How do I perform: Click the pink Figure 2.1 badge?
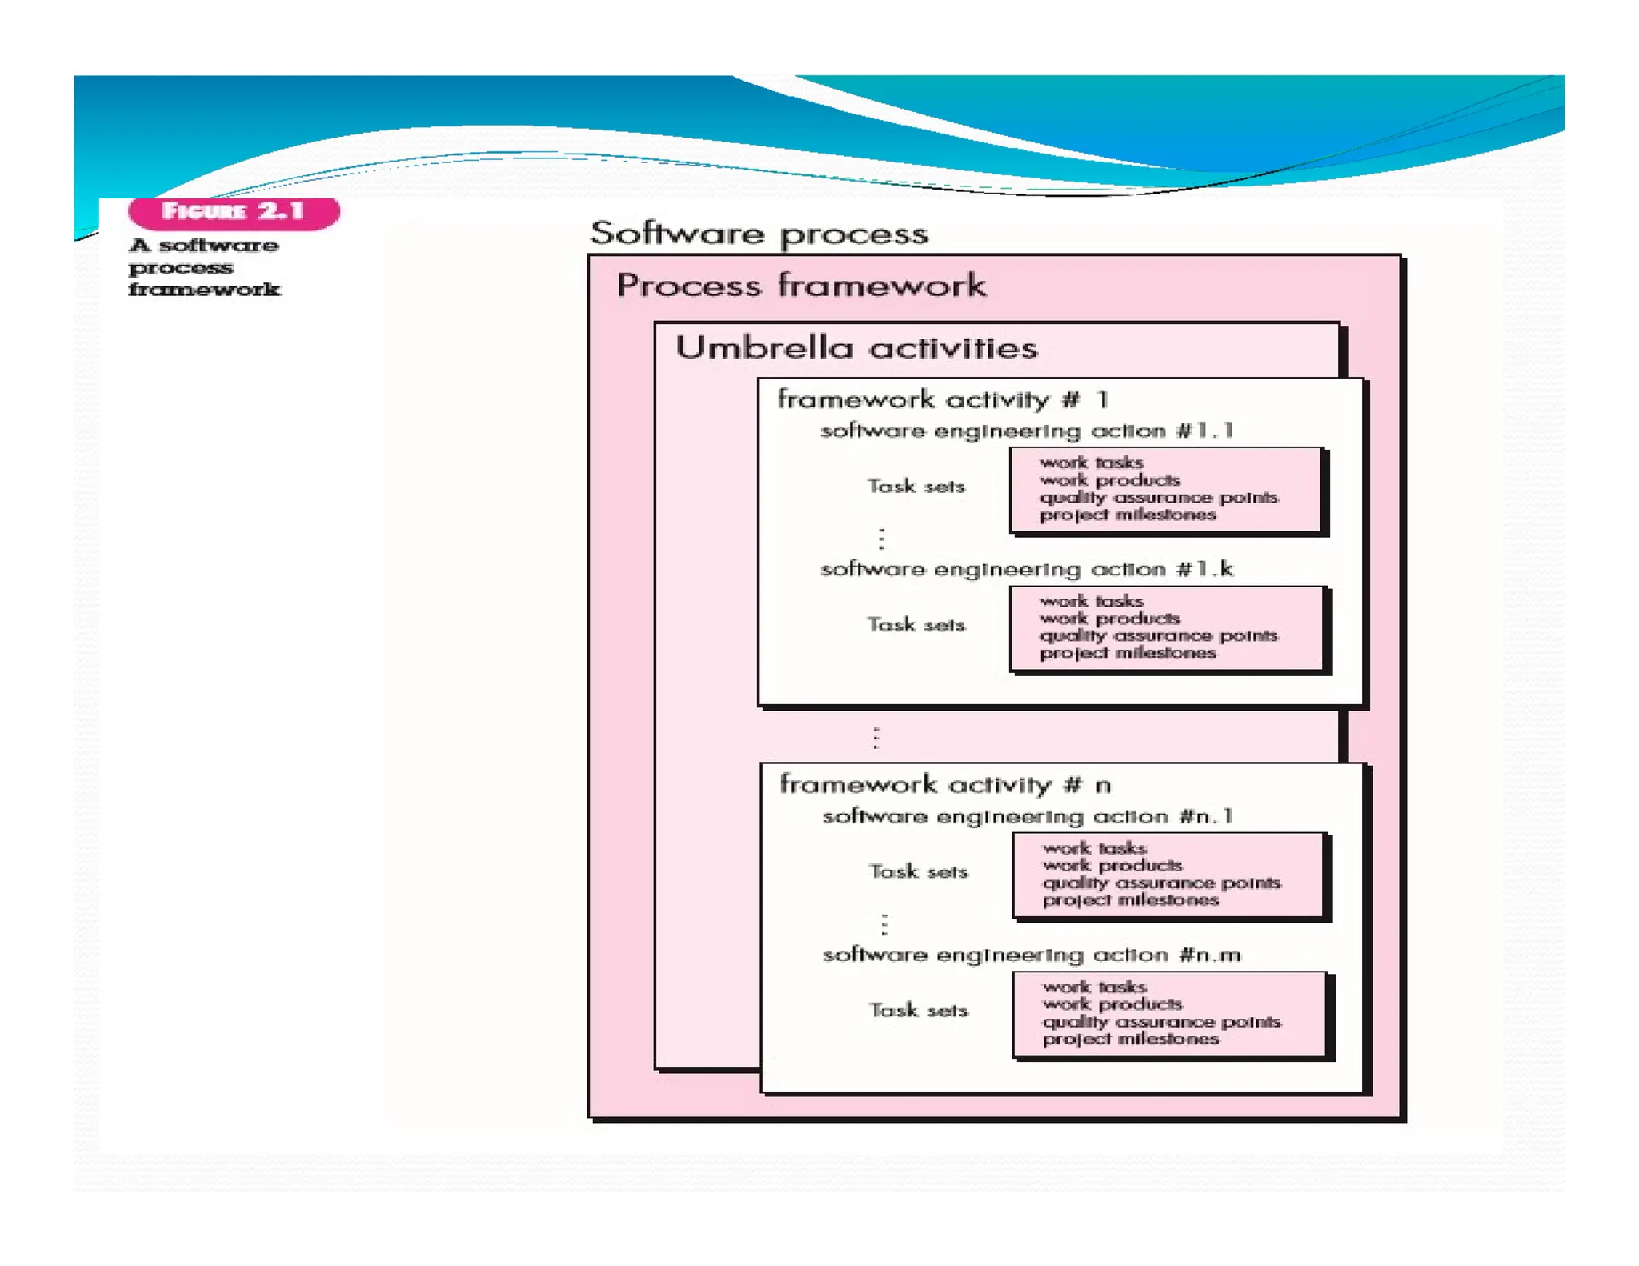click(234, 212)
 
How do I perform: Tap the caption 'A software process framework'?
click(204, 267)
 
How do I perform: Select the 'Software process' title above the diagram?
click(759, 234)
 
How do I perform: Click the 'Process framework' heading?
click(801, 286)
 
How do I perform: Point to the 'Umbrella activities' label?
click(856, 348)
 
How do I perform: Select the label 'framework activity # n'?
click(945, 784)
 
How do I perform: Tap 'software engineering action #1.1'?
click(1027, 431)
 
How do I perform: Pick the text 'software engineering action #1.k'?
click(1027, 569)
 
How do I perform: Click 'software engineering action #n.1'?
click(1028, 816)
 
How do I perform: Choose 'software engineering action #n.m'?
click(1032, 955)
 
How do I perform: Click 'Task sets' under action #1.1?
click(916, 486)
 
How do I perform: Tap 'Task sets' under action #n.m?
click(919, 1010)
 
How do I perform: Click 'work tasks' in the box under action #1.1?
click(1092, 463)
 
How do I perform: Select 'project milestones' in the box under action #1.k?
click(1128, 653)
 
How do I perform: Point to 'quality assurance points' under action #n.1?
click(1161, 883)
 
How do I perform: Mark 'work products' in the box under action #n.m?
click(1112, 1004)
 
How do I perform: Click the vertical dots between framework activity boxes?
click(876, 737)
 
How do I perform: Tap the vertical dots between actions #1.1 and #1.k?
click(882, 539)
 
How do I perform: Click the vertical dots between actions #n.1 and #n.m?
click(884, 924)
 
